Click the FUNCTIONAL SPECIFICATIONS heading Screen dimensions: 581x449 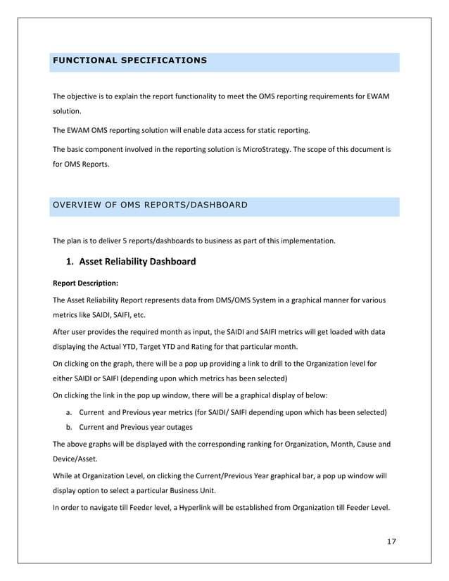(x=129, y=60)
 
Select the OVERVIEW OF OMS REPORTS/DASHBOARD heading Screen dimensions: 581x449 (x=150, y=205)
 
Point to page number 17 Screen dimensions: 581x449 (x=392, y=542)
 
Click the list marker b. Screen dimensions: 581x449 (x=68, y=427)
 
